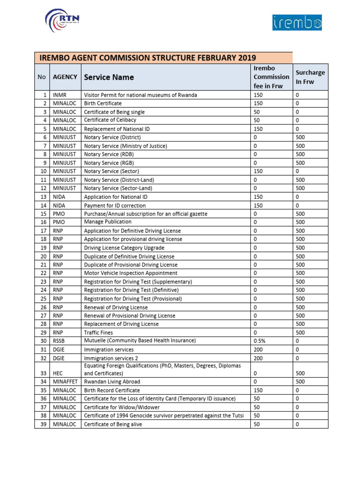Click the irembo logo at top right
(297, 22)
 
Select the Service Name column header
(109, 77)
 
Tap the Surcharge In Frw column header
(310, 77)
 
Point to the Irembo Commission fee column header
(271, 77)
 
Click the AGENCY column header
(65, 77)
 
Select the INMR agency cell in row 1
(60, 95)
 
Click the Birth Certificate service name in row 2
(103, 104)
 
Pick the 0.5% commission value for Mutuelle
(259, 341)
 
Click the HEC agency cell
(58, 374)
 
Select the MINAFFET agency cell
(65, 382)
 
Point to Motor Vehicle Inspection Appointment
(130, 273)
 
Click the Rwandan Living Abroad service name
(112, 382)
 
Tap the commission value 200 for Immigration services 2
(258, 358)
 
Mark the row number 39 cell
(43, 425)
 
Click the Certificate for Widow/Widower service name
(121, 407)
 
